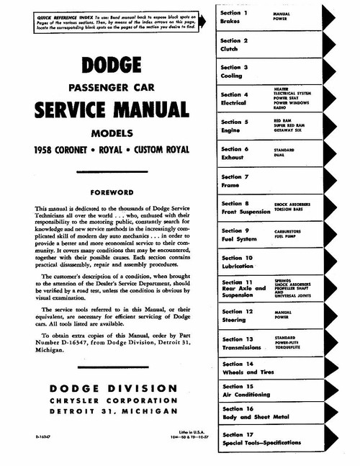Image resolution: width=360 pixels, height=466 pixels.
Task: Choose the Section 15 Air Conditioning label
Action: (x=248, y=391)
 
